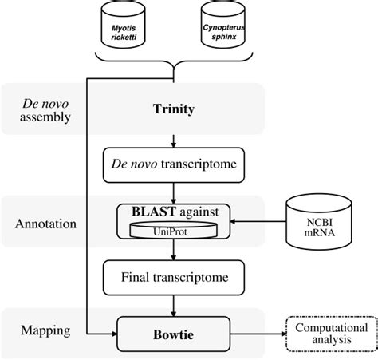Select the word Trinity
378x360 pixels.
pos(173,109)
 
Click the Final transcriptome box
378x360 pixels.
pos(173,278)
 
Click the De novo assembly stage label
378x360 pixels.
pos(45,109)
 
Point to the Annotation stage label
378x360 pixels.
pos(45,224)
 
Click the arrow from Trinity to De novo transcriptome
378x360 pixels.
pos(173,140)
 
